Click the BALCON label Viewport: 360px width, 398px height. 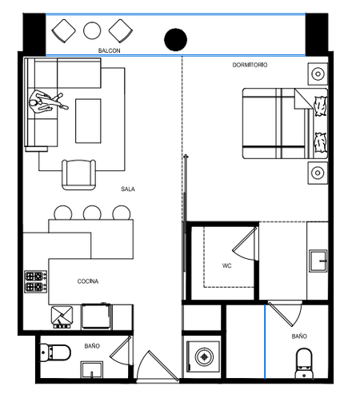109,50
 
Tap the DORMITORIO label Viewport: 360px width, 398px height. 250,65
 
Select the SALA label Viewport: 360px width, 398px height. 128,189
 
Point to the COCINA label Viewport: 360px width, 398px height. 88,281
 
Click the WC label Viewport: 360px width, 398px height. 227,265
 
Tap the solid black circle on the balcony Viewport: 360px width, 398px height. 175,39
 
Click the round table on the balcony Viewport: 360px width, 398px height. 92,30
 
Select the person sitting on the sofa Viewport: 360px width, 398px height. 46,102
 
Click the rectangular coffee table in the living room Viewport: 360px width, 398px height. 88,121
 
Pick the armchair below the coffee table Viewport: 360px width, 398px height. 78,174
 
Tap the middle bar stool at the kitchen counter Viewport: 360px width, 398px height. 92,213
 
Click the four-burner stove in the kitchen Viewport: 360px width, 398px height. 36,281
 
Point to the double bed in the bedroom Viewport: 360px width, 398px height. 285,124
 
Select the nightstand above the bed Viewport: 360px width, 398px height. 318,74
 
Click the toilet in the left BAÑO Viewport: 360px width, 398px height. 55,352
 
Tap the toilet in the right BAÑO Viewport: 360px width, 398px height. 304,363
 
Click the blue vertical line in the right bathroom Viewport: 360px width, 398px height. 265,342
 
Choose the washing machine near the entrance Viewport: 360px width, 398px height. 204,356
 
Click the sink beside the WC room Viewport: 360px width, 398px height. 318,261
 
